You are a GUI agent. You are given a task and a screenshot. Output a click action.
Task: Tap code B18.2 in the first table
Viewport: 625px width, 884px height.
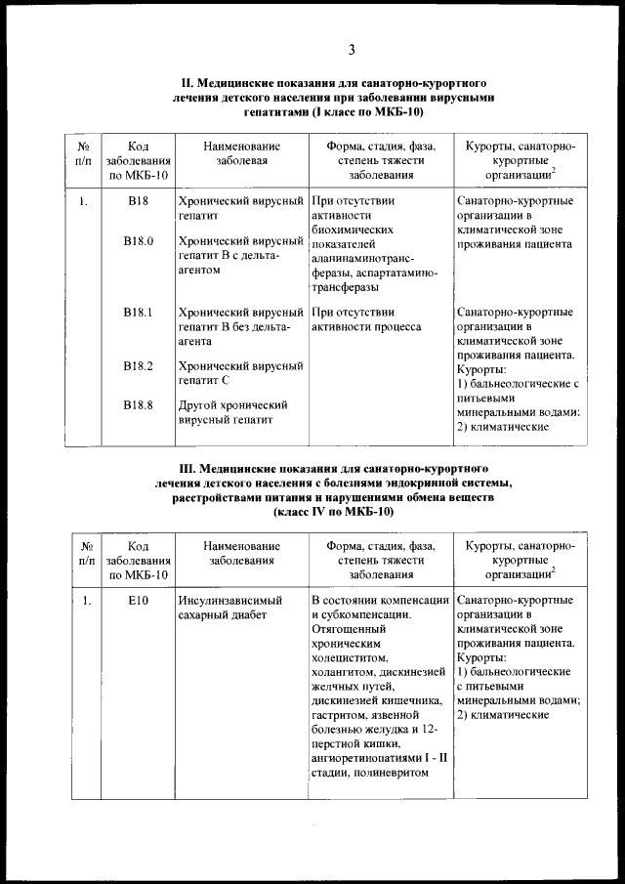pos(139,366)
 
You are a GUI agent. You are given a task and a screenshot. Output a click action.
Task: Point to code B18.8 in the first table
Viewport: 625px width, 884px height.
pos(139,405)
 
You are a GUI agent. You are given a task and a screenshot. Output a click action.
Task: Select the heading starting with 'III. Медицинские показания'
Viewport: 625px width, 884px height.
pos(335,470)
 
